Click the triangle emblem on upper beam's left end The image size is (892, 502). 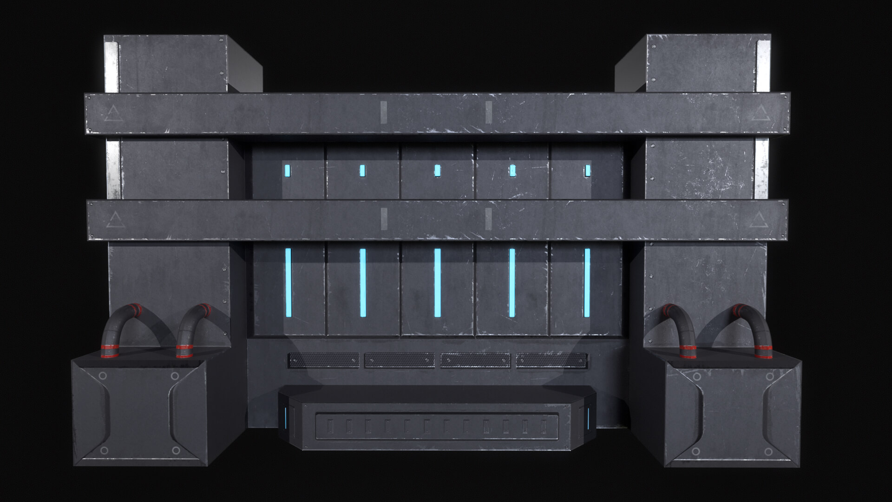114,114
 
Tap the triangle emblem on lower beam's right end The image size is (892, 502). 760,220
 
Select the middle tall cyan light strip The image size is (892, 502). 437,283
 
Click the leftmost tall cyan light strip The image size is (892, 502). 288,283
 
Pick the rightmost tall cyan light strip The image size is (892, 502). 587,283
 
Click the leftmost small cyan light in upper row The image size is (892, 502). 288,171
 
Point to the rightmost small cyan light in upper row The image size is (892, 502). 588,171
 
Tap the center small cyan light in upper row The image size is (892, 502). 437,171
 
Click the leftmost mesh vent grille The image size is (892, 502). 323,360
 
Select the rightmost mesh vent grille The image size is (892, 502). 551,360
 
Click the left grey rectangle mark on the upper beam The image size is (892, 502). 384,112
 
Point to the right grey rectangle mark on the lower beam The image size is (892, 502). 489,219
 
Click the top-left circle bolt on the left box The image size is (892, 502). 103,376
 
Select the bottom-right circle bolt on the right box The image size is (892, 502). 768,452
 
